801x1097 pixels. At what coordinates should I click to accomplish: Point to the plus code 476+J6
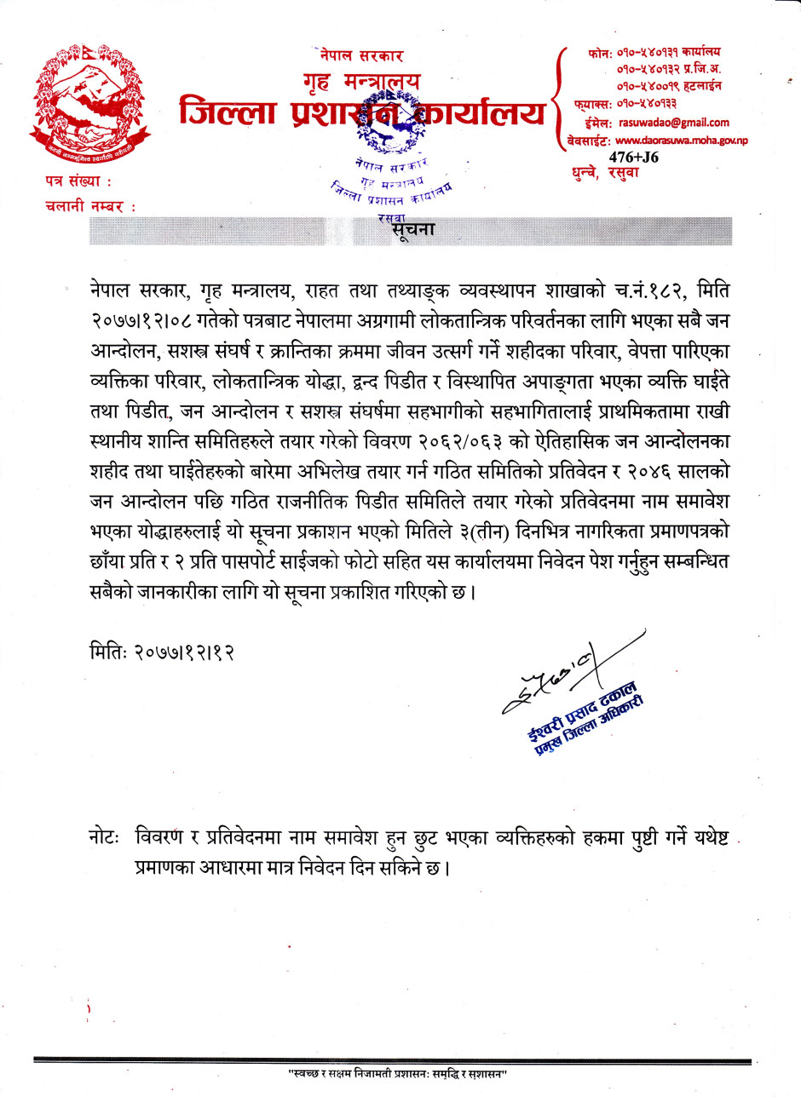pyautogui.click(x=633, y=157)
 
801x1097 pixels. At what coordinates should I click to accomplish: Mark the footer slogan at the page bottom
pyautogui.click(x=397, y=1075)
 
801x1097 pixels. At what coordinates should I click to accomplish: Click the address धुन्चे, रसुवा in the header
pyautogui.click(x=605, y=172)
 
